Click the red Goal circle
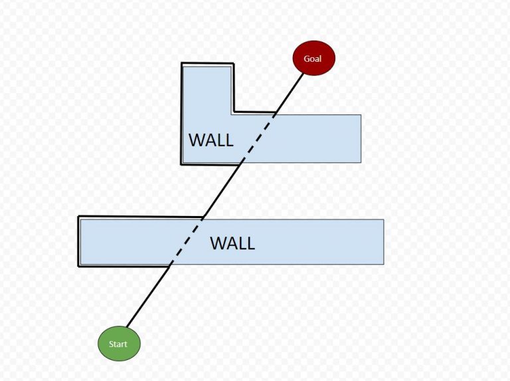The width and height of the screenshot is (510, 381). coord(313,59)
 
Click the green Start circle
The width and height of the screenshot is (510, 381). coord(119,344)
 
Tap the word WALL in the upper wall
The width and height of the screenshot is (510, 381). coord(211,140)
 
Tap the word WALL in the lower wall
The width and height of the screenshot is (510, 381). coord(232,243)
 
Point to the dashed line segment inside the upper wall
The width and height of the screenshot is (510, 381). coord(256,138)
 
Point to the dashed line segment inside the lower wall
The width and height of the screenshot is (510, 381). coord(187,241)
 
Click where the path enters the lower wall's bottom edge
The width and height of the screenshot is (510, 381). coord(171,265)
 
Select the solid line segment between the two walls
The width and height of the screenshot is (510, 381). coord(220,191)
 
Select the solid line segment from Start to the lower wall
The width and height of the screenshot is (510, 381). coord(149,297)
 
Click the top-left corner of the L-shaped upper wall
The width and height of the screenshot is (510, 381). coord(183,64)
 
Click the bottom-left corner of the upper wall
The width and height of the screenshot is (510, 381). coord(182,163)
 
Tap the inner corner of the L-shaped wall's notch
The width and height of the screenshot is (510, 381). coord(233,112)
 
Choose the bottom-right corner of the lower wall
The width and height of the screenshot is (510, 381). coord(383,264)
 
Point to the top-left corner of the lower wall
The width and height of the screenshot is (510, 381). coord(79,217)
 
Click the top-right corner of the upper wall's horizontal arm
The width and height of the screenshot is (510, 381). coord(361,115)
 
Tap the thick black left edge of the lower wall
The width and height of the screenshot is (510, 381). coord(79,241)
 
